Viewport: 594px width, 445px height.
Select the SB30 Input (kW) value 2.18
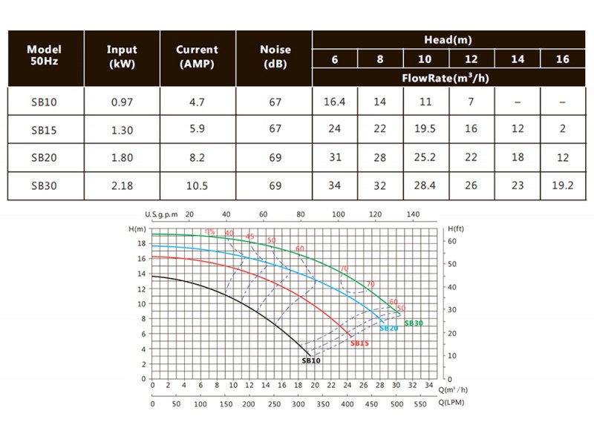(122, 186)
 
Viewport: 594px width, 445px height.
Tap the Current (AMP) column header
(197, 56)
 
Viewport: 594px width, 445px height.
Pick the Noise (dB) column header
(275, 56)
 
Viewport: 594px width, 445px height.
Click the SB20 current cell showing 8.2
(197, 158)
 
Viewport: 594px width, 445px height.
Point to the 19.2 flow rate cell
(562, 186)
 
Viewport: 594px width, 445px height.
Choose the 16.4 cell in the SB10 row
(335, 102)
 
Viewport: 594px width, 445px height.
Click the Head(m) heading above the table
(448, 40)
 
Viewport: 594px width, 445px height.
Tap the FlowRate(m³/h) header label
(448, 77)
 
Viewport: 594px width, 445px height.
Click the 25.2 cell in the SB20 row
(425, 158)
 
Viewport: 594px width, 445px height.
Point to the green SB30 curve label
(414, 323)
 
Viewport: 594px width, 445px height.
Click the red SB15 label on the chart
(359, 343)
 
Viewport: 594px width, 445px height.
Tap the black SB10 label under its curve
(311, 360)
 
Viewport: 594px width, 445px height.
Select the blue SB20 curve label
(388, 328)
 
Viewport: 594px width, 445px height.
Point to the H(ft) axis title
(456, 231)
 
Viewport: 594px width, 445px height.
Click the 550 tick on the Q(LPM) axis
(420, 405)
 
